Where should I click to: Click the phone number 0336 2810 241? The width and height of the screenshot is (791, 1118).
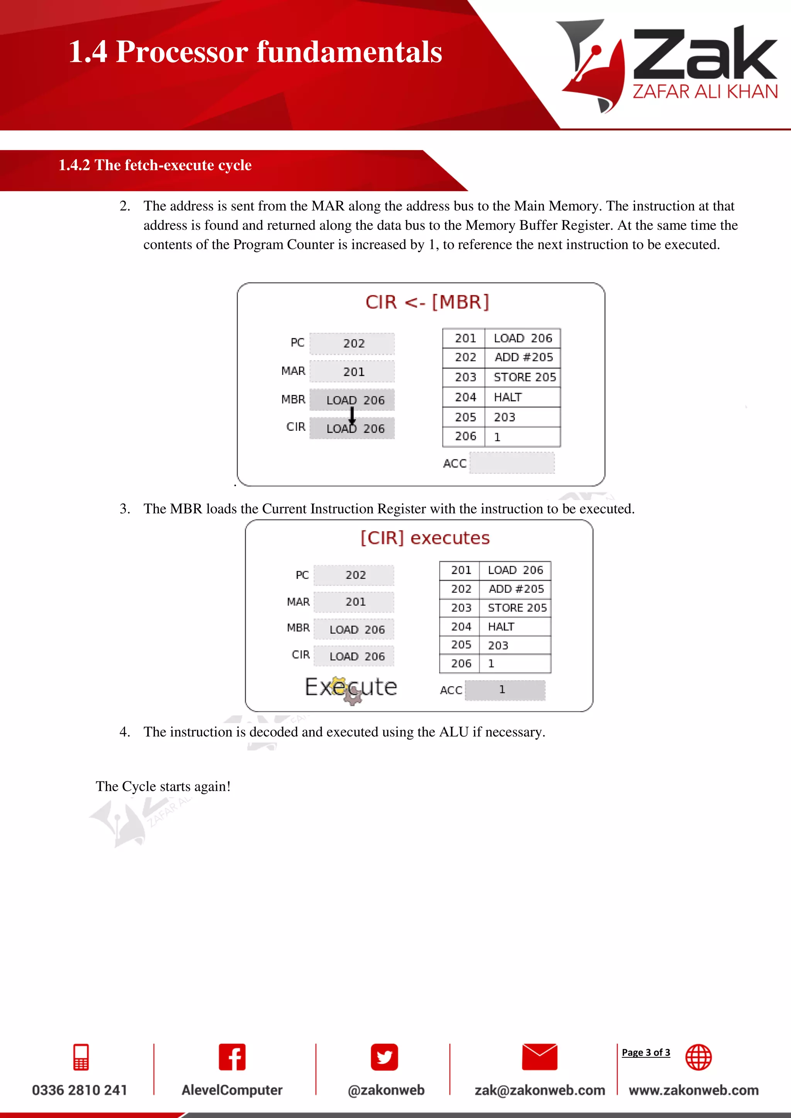pyautogui.click(x=80, y=1090)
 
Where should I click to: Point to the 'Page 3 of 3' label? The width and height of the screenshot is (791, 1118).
pyautogui.click(x=645, y=1052)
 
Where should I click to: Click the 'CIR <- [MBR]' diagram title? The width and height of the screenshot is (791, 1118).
pyautogui.click(x=427, y=302)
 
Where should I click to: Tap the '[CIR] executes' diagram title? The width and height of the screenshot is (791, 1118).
pyautogui.click(x=425, y=538)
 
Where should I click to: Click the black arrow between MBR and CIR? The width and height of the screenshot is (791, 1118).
pyautogui.click(x=352, y=415)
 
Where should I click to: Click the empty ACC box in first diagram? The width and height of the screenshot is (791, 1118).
pyautogui.click(x=511, y=462)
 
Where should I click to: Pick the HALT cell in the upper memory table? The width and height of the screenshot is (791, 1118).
pyautogui.click(x=508, y=397)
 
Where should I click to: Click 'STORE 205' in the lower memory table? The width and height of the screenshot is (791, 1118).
pyautogui.click(x=517, y=608)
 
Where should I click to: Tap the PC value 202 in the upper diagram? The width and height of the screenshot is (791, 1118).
pyautogui.click(x=354, y=343)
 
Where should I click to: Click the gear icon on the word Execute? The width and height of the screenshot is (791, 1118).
pyautogui.click(x=352, y=697)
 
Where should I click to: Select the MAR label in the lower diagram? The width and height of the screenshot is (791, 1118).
pyautogui.click(x=298, y=602)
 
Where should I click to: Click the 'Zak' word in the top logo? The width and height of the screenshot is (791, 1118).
pyautogui.click(x=704, y=54)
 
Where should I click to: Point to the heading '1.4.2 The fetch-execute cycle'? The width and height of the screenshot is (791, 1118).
pyautogui.click(x=155, y=165)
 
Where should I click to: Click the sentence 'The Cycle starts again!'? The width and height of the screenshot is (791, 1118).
pyautogui.click(x=163, y=786)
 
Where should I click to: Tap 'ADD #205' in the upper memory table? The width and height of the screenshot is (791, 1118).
pyautogui.click(x=524, y=357)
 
